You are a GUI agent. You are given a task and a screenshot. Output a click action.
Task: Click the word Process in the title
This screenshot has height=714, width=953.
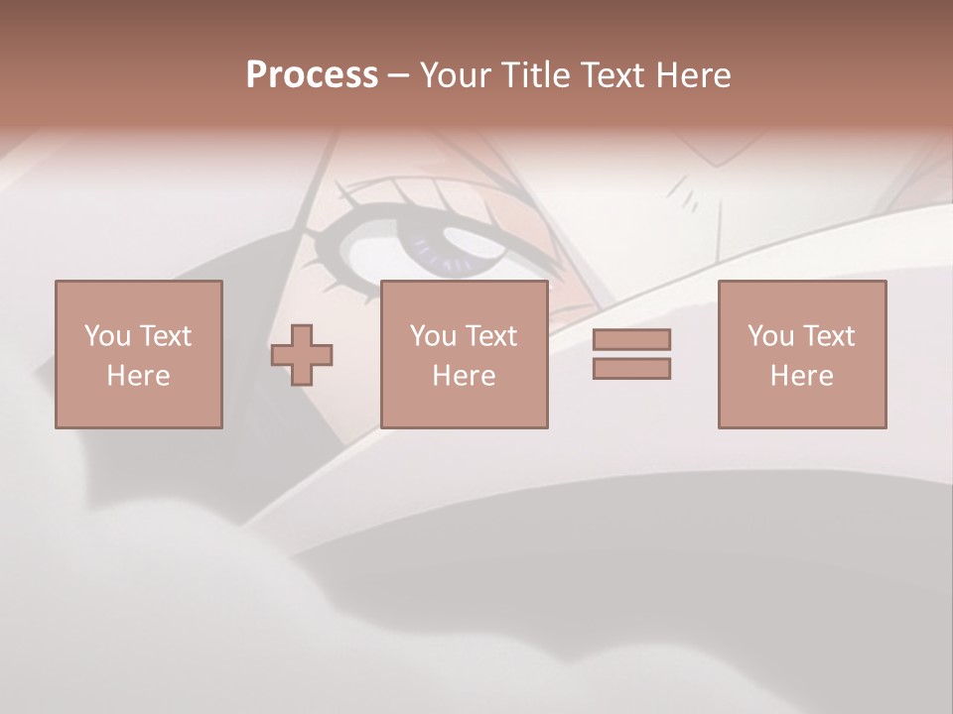click(312, 75)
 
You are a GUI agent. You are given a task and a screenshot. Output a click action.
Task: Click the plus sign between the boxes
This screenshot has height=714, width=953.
click(302, 355)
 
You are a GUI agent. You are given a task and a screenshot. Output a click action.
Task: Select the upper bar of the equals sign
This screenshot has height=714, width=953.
click(631, 339)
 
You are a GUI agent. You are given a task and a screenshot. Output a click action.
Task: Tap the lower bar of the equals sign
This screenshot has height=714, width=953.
click(631, 369)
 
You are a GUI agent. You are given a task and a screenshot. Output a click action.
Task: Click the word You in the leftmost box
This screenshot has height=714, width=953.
click(107, 336)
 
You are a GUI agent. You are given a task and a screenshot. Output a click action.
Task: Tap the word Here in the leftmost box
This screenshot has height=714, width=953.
click(138, 376)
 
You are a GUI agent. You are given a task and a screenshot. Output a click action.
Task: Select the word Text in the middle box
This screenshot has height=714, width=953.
click(490, 336)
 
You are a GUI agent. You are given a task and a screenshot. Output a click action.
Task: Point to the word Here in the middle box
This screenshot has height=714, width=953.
click(464, 376)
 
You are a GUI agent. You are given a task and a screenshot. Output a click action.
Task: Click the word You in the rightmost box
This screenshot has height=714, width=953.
click(770, 336)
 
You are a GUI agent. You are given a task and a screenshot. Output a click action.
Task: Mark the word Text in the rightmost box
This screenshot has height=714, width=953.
click(828, 336)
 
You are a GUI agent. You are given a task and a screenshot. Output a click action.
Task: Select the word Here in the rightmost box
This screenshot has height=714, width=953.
click(801, 376)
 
